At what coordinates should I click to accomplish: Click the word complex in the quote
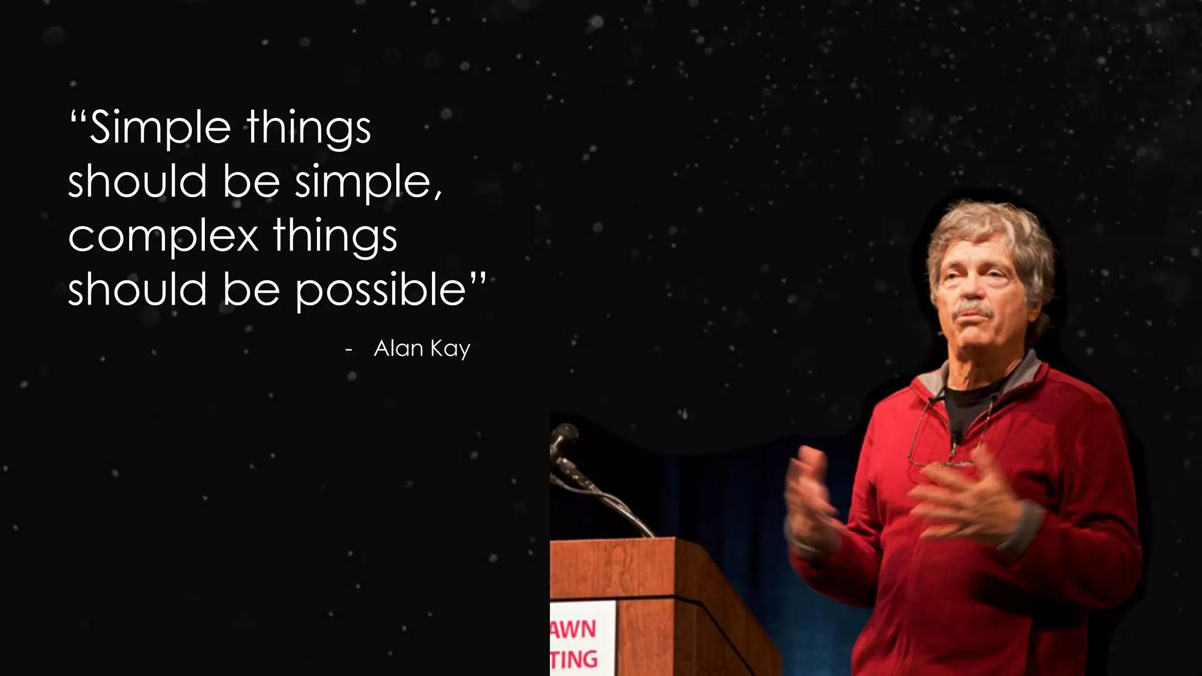(x=163, y=236)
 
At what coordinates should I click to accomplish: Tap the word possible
(x=380, y=290)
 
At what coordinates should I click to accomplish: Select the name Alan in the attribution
(x=399, y=349)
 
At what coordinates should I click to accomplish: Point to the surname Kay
(x=450, y=349)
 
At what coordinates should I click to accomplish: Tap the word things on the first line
(x=309, y=128)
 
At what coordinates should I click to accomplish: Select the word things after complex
(x=335, y=236)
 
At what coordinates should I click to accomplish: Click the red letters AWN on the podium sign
(x=573, y=629)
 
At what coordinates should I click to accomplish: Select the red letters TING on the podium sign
(x=575, y=659)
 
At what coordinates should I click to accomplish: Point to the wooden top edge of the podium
(x=610, y=542)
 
